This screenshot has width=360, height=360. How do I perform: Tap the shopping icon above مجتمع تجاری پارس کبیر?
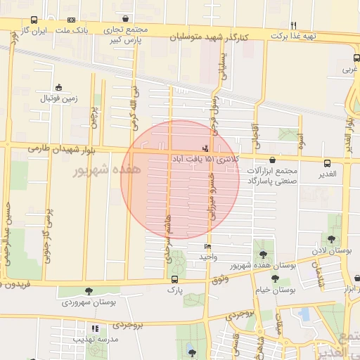point(125,19)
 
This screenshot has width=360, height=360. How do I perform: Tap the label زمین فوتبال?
point(58,99)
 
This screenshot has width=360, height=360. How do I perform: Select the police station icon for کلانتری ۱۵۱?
point(205,148)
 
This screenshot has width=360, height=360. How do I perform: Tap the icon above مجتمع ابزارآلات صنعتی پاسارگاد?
point(273,161)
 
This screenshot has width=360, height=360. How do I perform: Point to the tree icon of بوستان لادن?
point(331,239)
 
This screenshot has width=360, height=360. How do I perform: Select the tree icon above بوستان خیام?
point(275,278)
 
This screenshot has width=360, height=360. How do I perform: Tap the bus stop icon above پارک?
point(174,278)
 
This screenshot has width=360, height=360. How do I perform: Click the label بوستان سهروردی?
point(88,302)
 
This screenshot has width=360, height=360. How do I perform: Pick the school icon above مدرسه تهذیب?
point(95,328)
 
